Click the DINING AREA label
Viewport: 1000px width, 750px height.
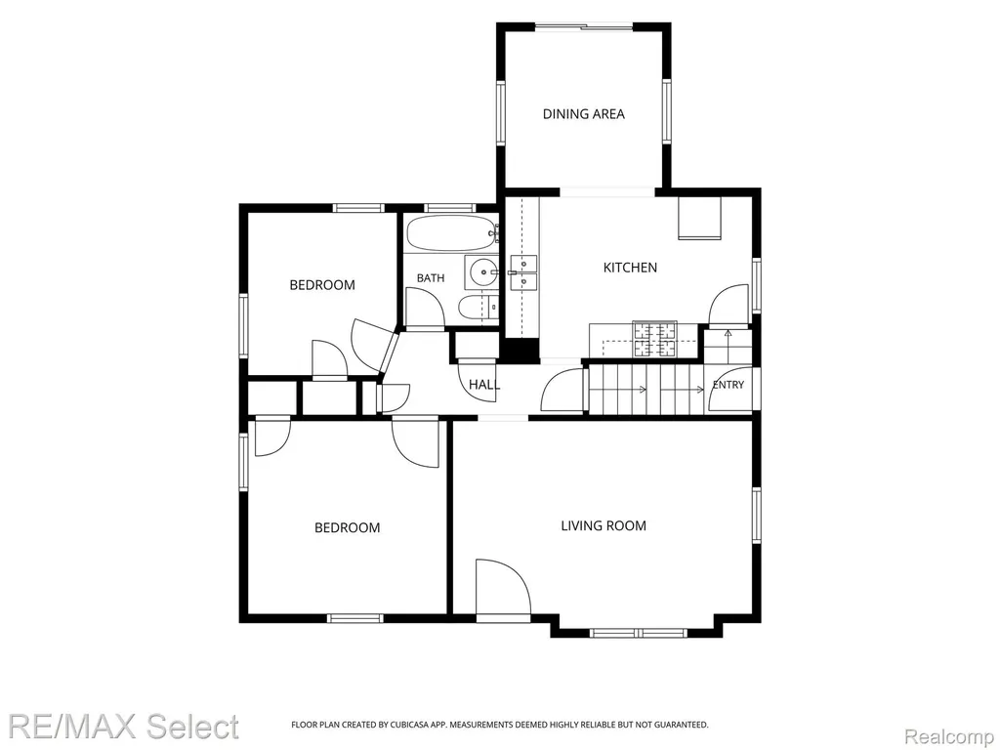584,114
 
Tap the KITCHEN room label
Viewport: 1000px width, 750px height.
630,268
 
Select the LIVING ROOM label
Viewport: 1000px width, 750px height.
604,525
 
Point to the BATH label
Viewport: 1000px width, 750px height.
431,278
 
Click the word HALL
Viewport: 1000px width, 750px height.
484,385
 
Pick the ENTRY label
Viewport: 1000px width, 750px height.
729,385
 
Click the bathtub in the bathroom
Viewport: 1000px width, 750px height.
451,233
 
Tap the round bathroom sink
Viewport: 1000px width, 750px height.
482,272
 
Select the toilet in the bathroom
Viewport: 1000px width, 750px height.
479,307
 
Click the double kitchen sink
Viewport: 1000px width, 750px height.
523,271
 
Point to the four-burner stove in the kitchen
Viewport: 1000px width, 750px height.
654,339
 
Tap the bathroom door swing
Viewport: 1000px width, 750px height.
424,308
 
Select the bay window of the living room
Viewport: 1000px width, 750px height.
638,633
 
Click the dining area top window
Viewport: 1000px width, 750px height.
584,26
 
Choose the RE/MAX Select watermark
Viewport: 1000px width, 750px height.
123,727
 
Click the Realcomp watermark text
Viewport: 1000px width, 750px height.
949,736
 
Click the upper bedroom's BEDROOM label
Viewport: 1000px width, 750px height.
322,285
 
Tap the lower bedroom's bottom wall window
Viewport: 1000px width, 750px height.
355,618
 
